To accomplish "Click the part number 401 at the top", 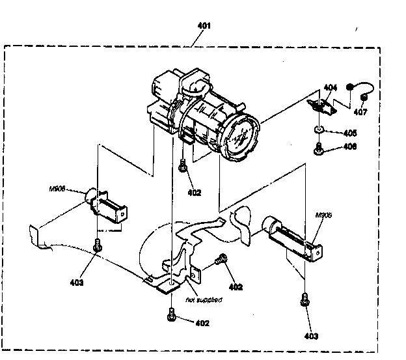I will [x=204, y=25].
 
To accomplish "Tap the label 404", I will [x=331, y=87].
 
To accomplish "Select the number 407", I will [x=360, y=111].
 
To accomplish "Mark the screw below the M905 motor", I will [x=304, y=300].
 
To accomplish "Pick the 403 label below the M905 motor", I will [x=311, y=336].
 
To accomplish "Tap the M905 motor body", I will [x=290, y=238].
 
